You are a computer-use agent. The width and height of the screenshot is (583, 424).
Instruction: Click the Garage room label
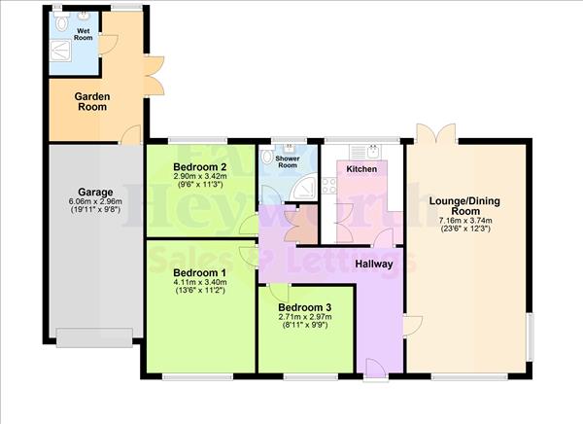pyautogui.click(x=95, y=193)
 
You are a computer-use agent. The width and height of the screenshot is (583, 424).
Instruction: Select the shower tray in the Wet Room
pyautogui.click(x=60, y=51)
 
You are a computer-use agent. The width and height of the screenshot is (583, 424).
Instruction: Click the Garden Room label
pyautogui.click(x=92, y=102)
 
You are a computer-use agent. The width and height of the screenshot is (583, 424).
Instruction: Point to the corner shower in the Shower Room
pyautogui.click(x=304, y=188)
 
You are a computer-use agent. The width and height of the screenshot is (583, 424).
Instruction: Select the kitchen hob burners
pyautogui.click(x=329, y=186)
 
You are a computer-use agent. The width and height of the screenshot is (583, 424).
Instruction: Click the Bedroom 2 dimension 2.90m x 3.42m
pyautogui.click(x=199, y=176)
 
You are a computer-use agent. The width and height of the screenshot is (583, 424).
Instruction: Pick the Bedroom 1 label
pyautogui.click(x=200, y=272)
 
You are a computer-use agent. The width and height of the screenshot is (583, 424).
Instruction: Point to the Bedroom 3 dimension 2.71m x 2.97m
pyautogui.click(x=305, y=317)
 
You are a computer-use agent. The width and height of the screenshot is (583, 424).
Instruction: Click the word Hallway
pyautogui.click(x=374, y=264)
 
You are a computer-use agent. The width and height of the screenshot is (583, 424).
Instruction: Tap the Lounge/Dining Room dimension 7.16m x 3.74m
pyautogui.click(x=465, y=221)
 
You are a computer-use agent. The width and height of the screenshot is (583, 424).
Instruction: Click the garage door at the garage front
pyautogui.click(x=94, y=337)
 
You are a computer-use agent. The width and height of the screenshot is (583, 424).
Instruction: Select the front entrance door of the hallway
pyautogui.click(x=376, y=369)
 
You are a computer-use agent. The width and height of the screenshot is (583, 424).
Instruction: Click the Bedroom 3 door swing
pyautogui.click(x=279, y=293)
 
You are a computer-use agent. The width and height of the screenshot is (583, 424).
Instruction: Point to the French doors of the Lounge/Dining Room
pyautogui.click(x=436, y=133)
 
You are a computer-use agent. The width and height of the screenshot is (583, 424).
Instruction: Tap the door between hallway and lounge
pyautogui.click(x=413, y=326)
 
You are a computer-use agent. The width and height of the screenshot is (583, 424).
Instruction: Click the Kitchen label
pyautogui.click(x=361, y=169)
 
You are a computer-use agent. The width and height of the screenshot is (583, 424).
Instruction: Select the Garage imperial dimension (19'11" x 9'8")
pyautogui.click(x=95, y=209)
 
